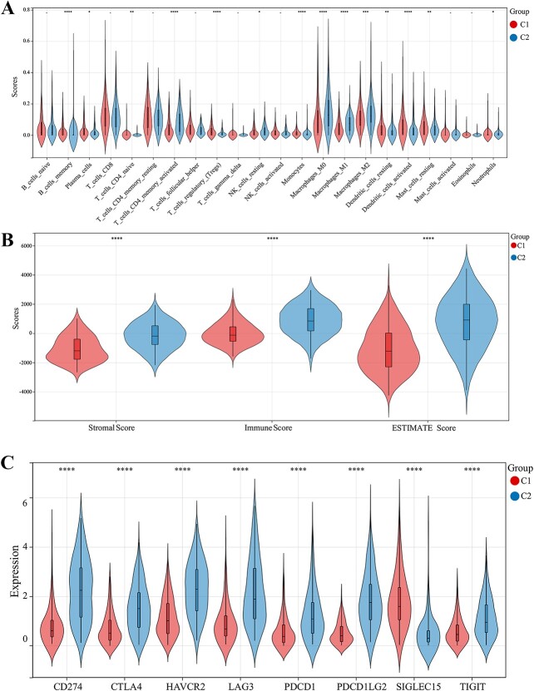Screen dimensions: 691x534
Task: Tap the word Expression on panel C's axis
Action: point(15,573)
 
